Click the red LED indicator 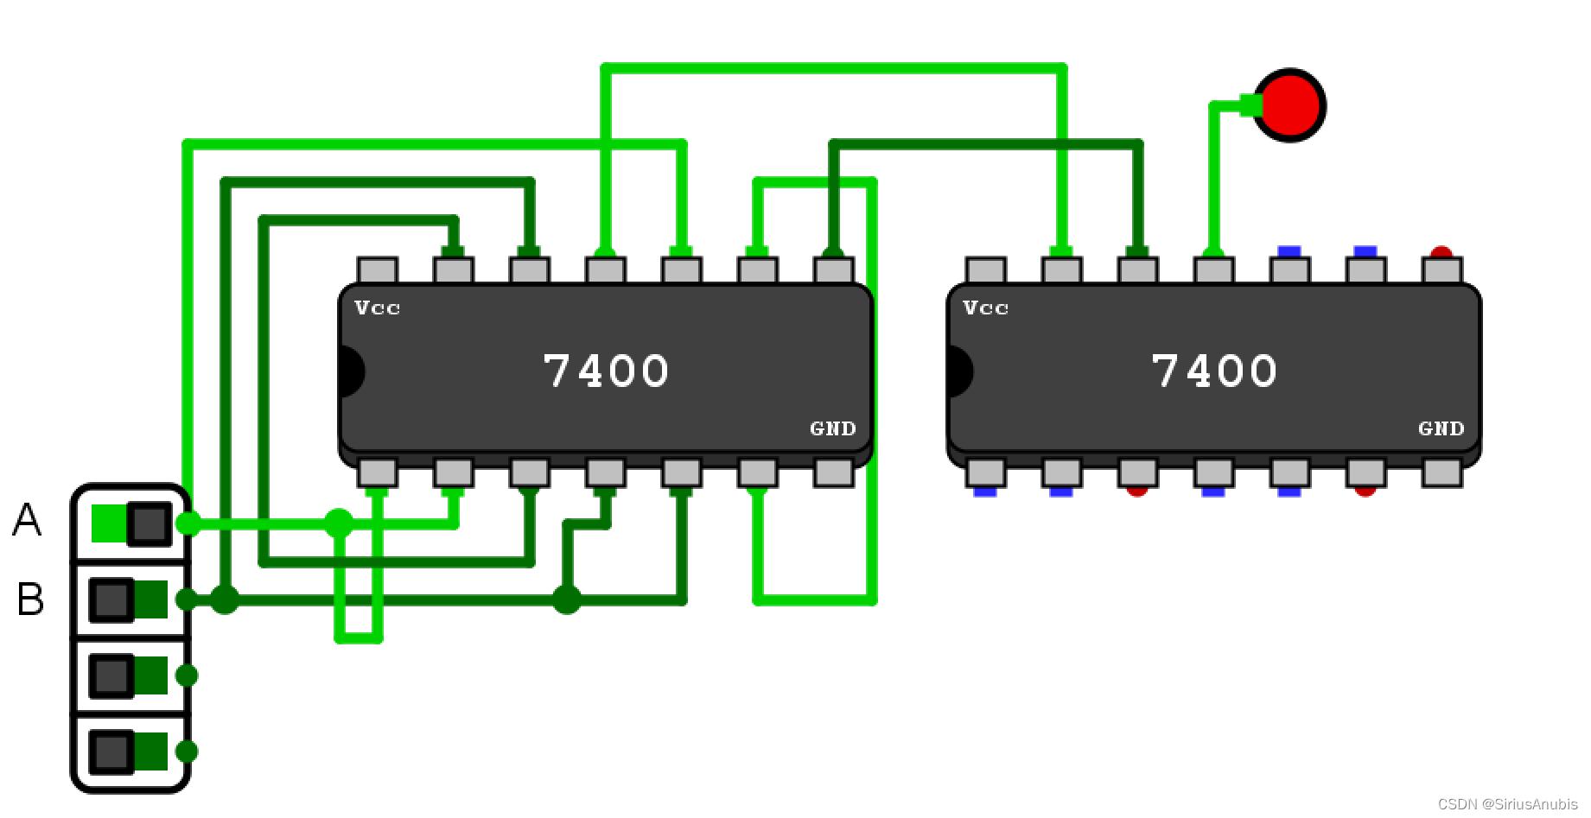point(1289,105)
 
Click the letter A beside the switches point(27,521)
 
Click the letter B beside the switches point(30,599)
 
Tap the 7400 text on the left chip point(606,371)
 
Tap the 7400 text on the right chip point(1214,371)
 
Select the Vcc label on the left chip point(378,308)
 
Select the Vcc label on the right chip point(986,308)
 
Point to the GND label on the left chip point(833,428)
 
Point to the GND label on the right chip point(1441,428)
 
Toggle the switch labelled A point(130,523)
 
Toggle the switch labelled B point(129,599)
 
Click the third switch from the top point(129,675)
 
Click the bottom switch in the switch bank point(129,751)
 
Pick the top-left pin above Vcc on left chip point(378,270)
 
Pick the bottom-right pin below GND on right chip point(1441,472)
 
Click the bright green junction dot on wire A point(339,523)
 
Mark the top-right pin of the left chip point(834,270)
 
